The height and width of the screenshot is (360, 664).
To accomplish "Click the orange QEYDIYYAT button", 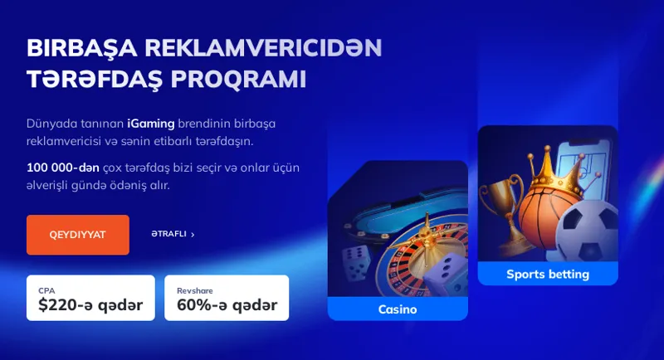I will pos(77,235).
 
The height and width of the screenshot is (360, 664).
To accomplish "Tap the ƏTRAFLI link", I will pos(168,235).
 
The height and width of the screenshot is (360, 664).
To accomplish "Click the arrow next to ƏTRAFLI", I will pos(193,235).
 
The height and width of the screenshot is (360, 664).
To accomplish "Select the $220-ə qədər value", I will pos(90,304).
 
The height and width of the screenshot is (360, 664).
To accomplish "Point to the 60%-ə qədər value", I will pos(227,304).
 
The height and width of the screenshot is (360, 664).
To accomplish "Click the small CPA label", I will pos(46,290).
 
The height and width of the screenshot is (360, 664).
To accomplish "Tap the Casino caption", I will pos(398,309).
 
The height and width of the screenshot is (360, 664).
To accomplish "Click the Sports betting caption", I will pos(548,274).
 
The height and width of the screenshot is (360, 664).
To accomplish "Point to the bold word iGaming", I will pos(150,124).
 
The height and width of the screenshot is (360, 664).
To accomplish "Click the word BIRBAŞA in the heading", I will pos(73,47).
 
